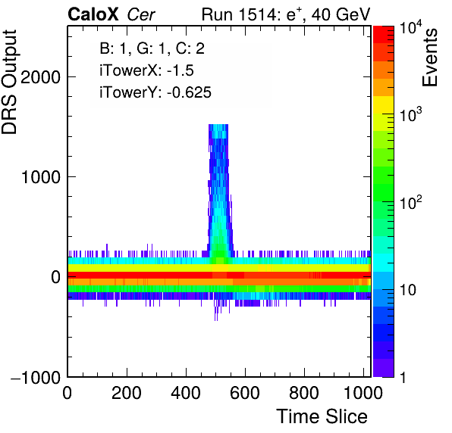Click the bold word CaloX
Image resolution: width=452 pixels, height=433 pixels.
[93, 14]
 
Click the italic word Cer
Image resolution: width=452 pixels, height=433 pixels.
[141, 14]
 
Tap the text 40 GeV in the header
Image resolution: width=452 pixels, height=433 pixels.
[341, 14]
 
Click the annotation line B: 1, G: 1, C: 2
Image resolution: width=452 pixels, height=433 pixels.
[152, 48]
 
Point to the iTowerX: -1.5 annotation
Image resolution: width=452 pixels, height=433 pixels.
[146, 70]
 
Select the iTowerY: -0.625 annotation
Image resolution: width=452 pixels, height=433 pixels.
[155, 92]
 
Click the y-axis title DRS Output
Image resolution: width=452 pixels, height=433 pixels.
[9, 82]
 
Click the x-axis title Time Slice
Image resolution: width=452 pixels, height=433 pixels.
[322, 416]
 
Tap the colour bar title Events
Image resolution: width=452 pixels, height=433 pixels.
[429, 58]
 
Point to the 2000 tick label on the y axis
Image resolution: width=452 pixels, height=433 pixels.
[40, 76]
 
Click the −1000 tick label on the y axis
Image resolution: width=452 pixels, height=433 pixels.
[36, 377]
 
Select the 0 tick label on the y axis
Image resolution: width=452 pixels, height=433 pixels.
[55, 277]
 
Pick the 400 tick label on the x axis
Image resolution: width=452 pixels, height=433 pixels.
[186, 393]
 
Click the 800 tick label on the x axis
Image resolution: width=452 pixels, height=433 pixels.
[304, 393]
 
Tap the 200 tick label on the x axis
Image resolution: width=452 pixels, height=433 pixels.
[127, 393]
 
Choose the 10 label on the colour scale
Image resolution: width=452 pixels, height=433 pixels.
[408, 290]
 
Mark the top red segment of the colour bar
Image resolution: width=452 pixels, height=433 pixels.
[384, 35]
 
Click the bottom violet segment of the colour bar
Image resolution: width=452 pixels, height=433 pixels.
[384, 368]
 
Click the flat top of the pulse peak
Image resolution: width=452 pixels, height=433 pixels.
[218, 125]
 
